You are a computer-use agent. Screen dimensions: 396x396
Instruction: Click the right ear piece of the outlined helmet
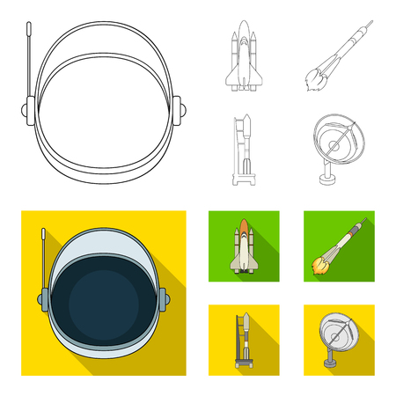click(x=181, y=111)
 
